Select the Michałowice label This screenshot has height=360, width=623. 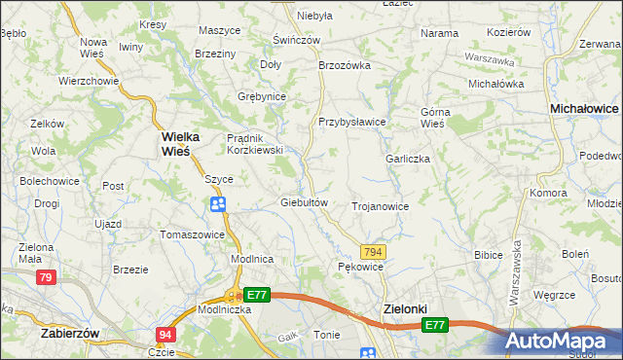point(584,110)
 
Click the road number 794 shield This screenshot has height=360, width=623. point(373,252)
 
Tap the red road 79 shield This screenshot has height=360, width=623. point(45,278)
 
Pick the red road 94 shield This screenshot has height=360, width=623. point(165,335)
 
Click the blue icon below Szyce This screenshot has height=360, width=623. point(218,203)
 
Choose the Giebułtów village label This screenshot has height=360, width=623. point(302,202)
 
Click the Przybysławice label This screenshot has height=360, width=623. point(352,122)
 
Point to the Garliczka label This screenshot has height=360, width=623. point(408,159)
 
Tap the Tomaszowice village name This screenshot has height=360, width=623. point(193,234)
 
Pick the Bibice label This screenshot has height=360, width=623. point(488,254)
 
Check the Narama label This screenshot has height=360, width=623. point(439,33)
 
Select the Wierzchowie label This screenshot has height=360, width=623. point(88,81)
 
